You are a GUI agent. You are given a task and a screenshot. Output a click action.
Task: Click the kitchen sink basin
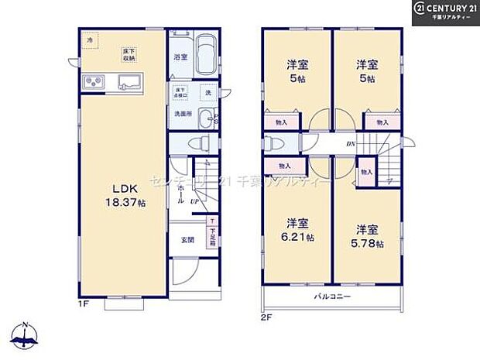click(127, 81)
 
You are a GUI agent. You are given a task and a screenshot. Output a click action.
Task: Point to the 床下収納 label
click(128, 54)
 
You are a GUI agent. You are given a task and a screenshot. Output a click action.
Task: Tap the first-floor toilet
click(199, 143)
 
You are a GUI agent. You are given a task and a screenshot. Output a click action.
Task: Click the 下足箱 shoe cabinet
click(211, 237)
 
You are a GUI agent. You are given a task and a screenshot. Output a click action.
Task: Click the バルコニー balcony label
click(332, 297)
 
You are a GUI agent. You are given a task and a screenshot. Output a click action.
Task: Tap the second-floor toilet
click(271, 144)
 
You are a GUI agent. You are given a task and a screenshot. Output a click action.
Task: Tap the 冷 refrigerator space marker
click(91, 40)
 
